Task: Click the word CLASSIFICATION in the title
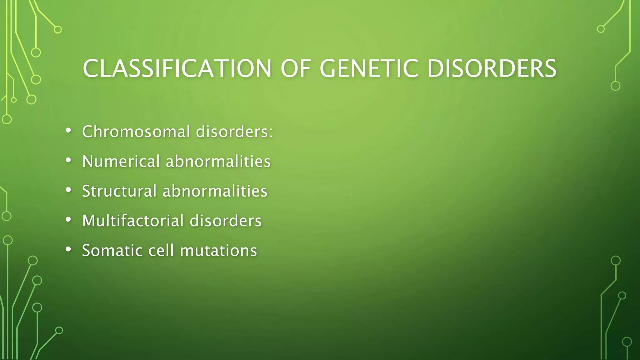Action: (177, 68)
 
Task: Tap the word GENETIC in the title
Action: (369, 68)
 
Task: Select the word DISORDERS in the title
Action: (492, 68)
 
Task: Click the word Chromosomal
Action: (136, 132)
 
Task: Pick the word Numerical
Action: (121, 161)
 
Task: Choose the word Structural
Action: (119, 191)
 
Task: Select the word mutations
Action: (218, 250)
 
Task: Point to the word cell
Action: (161, 250)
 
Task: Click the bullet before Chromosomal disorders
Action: (68, 131)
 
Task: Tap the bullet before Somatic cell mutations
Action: (68, 249)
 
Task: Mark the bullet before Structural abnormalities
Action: (68, 190)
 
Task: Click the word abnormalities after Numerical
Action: (218, 161)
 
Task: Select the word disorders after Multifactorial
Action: (226, 221)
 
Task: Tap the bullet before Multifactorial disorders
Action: (68, 220)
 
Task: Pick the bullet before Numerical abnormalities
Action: (68, 160)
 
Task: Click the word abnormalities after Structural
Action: (215, 191)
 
